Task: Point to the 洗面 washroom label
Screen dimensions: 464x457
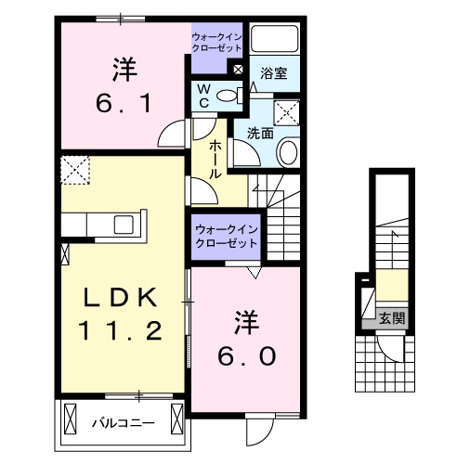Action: tap(260, 133)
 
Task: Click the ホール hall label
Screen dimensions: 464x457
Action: tap(215, 159)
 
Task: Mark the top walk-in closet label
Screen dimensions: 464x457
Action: tap(217, 41)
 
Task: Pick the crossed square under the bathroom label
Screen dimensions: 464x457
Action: tap(288, 112)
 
